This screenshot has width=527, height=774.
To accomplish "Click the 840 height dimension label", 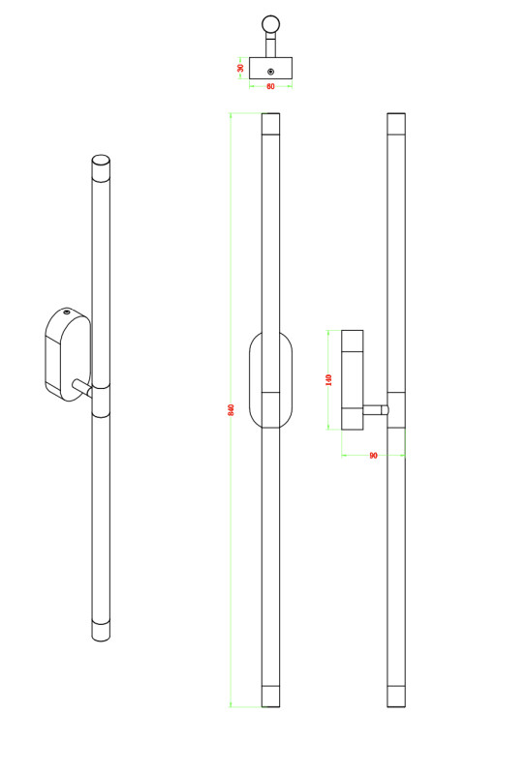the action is [231, 409].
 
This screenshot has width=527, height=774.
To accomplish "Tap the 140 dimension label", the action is [328, 379].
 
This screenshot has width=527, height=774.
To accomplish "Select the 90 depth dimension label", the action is [373, 456].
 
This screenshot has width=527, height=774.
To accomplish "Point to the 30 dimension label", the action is [241, 68].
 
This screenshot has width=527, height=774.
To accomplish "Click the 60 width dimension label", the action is [270, 86].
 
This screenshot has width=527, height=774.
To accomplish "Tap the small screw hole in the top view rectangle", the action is [270, 72].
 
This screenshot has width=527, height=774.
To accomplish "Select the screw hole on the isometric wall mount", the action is [67, 313].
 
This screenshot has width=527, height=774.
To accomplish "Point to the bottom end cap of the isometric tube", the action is [101, 631].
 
